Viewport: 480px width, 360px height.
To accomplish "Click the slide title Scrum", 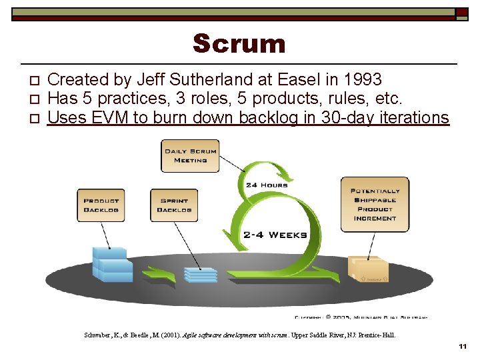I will click(239, 44).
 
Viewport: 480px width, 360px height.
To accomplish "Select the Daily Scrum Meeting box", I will click(191, 155).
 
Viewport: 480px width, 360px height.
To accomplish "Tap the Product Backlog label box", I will click(101, 205).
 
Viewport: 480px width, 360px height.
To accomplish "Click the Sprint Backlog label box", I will click(174, 205).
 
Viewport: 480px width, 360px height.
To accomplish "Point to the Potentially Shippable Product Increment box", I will click(375, 204).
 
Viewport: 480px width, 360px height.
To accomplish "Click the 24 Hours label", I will click(267, 185).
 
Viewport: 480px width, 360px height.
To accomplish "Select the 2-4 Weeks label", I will click(275, 235).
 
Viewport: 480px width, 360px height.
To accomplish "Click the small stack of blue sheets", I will click(201, 274).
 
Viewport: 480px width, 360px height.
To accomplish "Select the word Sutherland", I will click(211, 80).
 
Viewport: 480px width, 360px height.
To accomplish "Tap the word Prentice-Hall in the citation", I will click(379, 335).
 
